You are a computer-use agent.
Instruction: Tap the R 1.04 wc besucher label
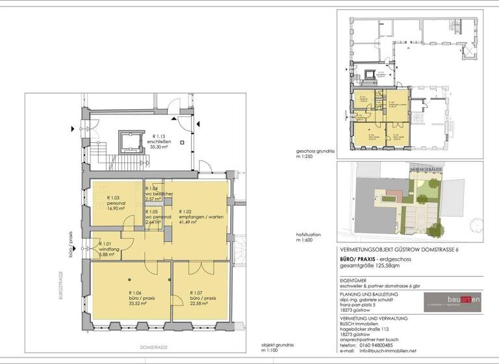[158, 193]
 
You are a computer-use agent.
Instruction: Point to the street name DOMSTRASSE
[155, 348]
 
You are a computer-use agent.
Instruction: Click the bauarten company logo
[453, 300]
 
